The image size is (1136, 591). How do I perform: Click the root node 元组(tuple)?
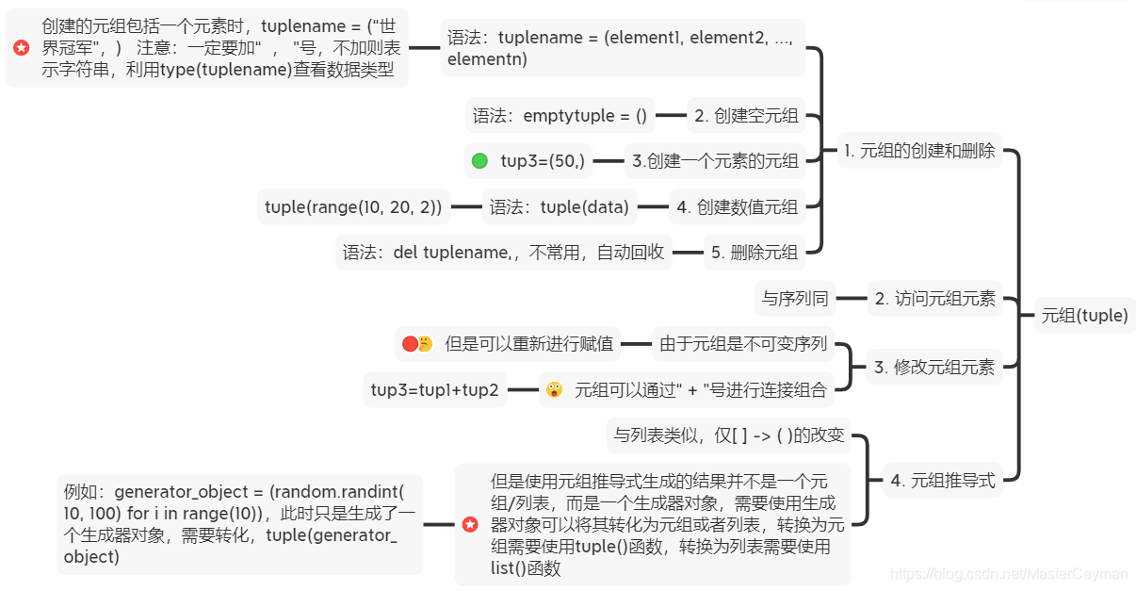pos(1084,316)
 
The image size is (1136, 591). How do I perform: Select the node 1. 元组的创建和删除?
pos(919,151)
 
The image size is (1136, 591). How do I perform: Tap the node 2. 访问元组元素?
pos(934,299)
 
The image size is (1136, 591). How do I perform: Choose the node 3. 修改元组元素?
pos(933,368)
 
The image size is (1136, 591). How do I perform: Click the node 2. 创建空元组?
pos(746,116)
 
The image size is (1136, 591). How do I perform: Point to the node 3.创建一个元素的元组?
pos(715,160)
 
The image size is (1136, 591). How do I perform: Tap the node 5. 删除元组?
pos(755,252)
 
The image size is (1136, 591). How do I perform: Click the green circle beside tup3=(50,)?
pos(479,160)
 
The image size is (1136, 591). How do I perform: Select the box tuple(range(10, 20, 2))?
pos(353,207)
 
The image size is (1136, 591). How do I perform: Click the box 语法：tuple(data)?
pos(559,207)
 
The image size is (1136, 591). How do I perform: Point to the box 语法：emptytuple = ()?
pos(560,116)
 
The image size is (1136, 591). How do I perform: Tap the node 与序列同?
pos(795,299)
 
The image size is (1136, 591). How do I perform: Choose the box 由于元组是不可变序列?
pos(743,344)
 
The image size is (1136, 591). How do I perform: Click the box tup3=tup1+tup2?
pos(434,389)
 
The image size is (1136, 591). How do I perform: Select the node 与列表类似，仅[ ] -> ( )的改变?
pos(728,435)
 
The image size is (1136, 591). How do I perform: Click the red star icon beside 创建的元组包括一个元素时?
pos(22,47)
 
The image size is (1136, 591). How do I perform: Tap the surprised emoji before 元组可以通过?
pos(554,389)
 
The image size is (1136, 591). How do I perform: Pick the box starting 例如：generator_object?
pos(239,524)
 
